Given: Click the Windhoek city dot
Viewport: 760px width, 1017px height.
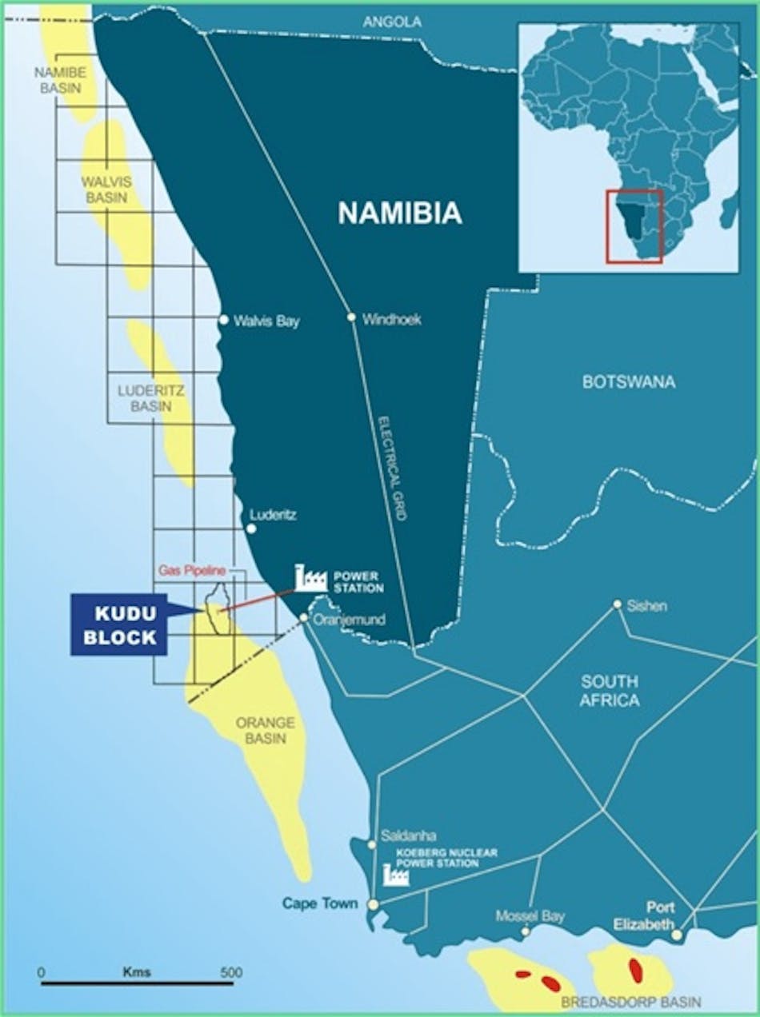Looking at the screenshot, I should click(351, 317).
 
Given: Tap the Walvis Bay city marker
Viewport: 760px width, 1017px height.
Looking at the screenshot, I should click(224, 320).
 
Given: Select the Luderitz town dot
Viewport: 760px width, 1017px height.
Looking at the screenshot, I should click(251, 528).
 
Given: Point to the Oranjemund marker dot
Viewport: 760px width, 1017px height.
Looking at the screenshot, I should click(304, 617).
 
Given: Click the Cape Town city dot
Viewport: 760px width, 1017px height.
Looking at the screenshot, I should click(373, 904).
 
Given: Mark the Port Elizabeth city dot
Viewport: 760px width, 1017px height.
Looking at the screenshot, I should click(677, 934).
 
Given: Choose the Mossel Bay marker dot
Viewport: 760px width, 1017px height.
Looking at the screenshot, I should click(526, 931).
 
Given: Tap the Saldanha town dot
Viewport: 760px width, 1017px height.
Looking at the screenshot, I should click(371, 844).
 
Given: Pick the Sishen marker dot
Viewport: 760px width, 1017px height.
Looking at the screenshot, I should click(617, 604).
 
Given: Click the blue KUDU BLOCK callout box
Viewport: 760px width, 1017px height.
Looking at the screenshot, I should click(119, 624).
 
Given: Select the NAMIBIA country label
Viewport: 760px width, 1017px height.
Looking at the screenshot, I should click(400, 213).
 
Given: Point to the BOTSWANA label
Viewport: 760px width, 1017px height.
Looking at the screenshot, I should click(629, 381).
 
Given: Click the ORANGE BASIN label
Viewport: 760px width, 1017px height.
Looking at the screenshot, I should click(265, 730).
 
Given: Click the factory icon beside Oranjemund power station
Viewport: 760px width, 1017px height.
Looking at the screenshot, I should click(310, 578).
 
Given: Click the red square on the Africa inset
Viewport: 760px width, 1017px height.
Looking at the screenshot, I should click(634, 226).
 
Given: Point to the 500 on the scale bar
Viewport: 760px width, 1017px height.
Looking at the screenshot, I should click(231, 973).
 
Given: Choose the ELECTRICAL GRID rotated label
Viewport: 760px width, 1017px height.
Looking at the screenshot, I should click(392, 468).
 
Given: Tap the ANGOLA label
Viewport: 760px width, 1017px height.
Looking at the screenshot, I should click(392, 22).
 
